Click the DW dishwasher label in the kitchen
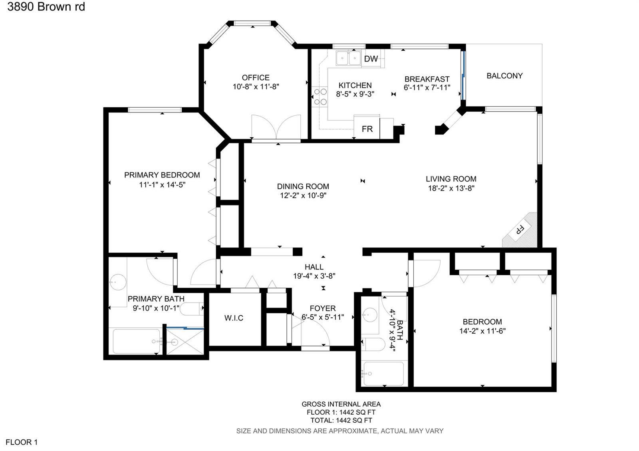pyautogui.click(x=371, y=59)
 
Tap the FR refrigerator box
pyautogui.click(x=367, y=127)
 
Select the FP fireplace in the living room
pyautogui.click(x=520, y=230)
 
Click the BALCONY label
pyautogui.click(x=505, y=76)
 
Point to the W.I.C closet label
pyautogui.click(x=234, y=318)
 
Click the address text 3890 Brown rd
pyautogui.click(x=46, y=7)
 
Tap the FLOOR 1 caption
pyautogui.click(x=22, y=442)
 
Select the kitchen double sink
pyautogui.click(x=348, y=58)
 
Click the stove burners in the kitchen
pyautogui.click(x=320, y=97)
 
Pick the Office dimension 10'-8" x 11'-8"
pyautogui.click(x=256, y=87)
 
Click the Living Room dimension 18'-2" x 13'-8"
pyautogui.click(x=451, y=188)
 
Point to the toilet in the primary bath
pyautogui.click(x=192, y=309)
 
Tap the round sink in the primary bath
pyautogui.click(x=118, y=282)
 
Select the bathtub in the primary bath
pyautogui.click(x=136, y=342)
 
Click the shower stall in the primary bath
pyautogui.click(x=185, y=342)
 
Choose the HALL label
pyautogui.click(x=314, y=267)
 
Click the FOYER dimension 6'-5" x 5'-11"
pyautogui.click(x=323, y=317)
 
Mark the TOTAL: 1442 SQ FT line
pyautogui.click(x=341, y=420)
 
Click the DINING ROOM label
pyautogui.click(x=303, y=186)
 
